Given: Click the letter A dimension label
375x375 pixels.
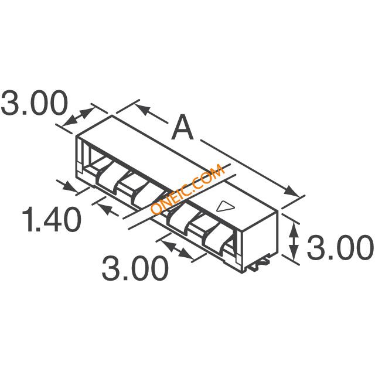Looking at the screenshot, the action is (182, 127).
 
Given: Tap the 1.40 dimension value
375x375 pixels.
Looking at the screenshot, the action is (51, 219).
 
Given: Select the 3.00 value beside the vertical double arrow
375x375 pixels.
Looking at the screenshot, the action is (340, 247).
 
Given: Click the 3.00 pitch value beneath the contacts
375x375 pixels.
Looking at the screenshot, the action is (135, 268).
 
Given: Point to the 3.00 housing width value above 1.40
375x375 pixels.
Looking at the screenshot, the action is (34, 103).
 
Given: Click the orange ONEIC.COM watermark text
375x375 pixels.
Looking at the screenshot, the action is (187, 189).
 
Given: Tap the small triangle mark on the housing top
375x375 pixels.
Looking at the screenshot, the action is (226, 206).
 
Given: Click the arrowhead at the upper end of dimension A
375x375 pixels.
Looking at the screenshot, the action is (142, 109).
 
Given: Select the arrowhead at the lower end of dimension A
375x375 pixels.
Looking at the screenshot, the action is (291, 191).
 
